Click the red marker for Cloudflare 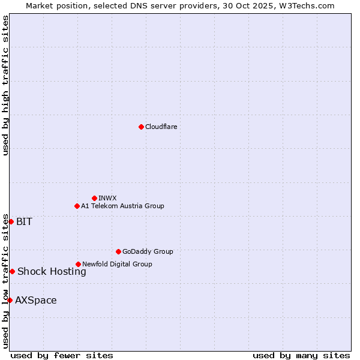(x=141, y=127)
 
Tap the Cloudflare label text (x=161, y=127)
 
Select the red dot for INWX (x=94, y=198)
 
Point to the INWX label (x=107, y=198)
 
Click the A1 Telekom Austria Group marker (x=77, y=206)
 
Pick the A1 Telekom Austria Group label (x=122, y=206)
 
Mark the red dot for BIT (x=11, y=221)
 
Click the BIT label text (x=24, y=221)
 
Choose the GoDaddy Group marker (x=118, y=251)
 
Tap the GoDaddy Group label (x=148, y=251)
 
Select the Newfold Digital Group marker (x=78, y=264)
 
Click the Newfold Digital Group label (x=117, y=264)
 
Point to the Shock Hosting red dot (x=12, y=271)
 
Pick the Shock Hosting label (x=52, y=271)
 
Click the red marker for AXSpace (x=10, y=300)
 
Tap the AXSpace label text (x=36, y=300)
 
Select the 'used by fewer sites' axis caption (x=62, y=355)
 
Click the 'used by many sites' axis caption (x=301, y=355)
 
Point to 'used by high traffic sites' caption (x=5, y=85)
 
